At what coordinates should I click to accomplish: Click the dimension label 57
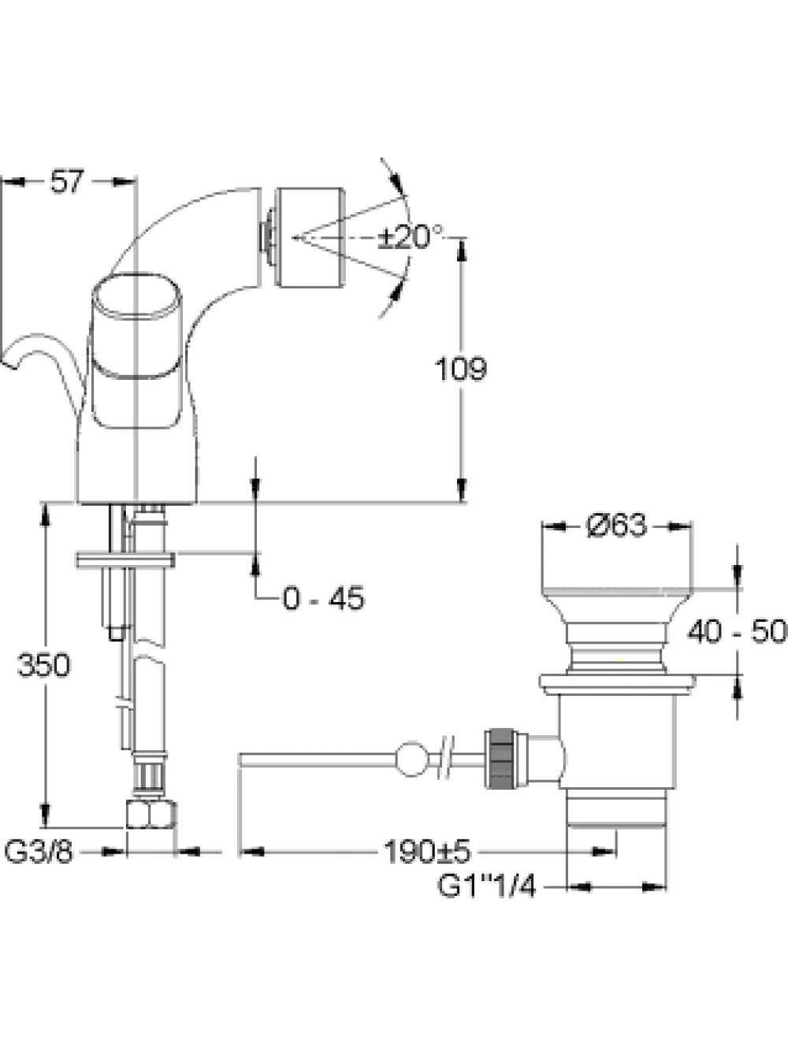click(x=67, y=182)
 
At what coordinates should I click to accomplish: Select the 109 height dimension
click(x=461, y=369)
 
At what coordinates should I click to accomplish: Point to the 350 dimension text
click(x=44, y=666)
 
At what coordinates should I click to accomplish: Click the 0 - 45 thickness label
click(x=324, y=598)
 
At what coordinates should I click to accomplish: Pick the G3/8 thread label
click(x=39, y=853)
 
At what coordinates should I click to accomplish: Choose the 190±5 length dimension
click(x=428, y=853)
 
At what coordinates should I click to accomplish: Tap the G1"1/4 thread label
click(x=486, y=887)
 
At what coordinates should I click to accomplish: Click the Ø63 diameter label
click(x=617, y=526)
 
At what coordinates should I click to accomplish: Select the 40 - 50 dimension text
click(x=737, y=632)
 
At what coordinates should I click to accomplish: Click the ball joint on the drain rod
click(x=411, y=759)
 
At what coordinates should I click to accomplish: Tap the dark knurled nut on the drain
click(x=501, y=759)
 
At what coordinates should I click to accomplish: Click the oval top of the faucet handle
click(x=136, y=296)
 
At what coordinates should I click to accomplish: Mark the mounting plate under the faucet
click(x=125, y=560)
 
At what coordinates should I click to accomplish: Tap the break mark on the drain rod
click(x=445, y=759)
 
